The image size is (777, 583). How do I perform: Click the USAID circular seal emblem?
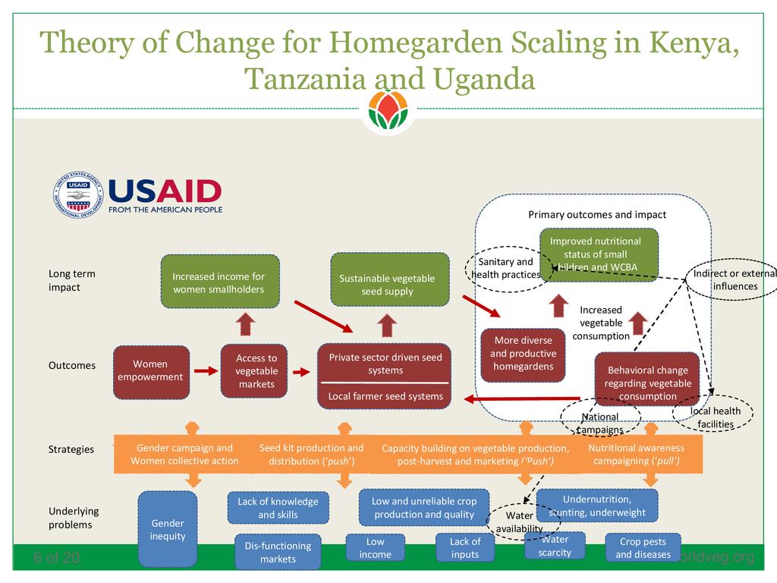coord(78,195)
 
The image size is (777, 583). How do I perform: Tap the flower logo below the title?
coord(388,111)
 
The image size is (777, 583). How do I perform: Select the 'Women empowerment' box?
coord(150,371)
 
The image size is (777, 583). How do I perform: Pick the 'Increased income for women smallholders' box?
coord(219,282)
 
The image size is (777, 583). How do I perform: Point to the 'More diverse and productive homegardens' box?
coord(524,354)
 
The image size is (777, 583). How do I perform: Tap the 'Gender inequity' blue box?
coord(168,529)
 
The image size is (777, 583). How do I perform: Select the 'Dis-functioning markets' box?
coord(278,552)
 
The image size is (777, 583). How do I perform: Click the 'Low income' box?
coord(375,547)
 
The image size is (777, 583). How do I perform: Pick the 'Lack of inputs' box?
coord(464,547)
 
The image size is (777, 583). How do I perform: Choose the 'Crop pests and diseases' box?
coord(643,547)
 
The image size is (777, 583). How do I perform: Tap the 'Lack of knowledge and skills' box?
coord(278,508)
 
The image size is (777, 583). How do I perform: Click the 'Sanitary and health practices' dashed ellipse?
coord(505,268)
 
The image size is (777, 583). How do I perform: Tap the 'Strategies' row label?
coord(71,449)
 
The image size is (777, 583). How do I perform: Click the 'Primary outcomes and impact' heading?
coord(597,215)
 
